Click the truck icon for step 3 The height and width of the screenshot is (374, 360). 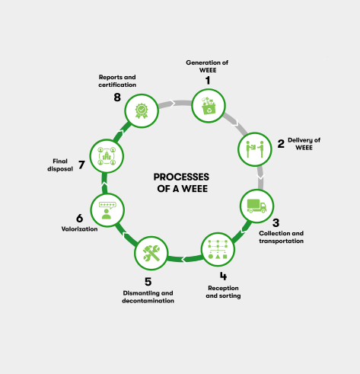pos(256,206)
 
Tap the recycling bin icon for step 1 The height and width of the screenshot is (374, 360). pos(209,106)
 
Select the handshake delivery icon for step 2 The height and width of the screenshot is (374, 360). pos(255,149)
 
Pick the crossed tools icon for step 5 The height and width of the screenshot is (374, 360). pos(151,253)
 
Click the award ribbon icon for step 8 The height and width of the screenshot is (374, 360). pos(142,110)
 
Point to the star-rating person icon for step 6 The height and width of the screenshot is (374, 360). pos(107,210)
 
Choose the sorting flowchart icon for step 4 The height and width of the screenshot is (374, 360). pos(218,249)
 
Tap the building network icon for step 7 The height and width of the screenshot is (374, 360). pos(107,156)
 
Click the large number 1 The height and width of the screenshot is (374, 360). pos(208,81)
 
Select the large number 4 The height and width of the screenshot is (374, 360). pos(223,276)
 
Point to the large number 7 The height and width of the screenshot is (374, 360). pos(81,165)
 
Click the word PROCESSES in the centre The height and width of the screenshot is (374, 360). pos(181,177)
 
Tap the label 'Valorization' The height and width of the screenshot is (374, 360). pos(79,229)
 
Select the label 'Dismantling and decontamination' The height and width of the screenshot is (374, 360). pos(148,297)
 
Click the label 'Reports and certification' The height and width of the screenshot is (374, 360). pos(117,81)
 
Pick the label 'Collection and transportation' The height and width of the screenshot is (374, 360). pos(281,237)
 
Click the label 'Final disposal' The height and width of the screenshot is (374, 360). pos(60,165)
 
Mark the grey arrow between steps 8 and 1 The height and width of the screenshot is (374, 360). pos(175,104)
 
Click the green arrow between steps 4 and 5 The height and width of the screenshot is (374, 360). pos(184,259)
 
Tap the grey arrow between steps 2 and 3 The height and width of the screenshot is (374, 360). pos(260,177)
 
